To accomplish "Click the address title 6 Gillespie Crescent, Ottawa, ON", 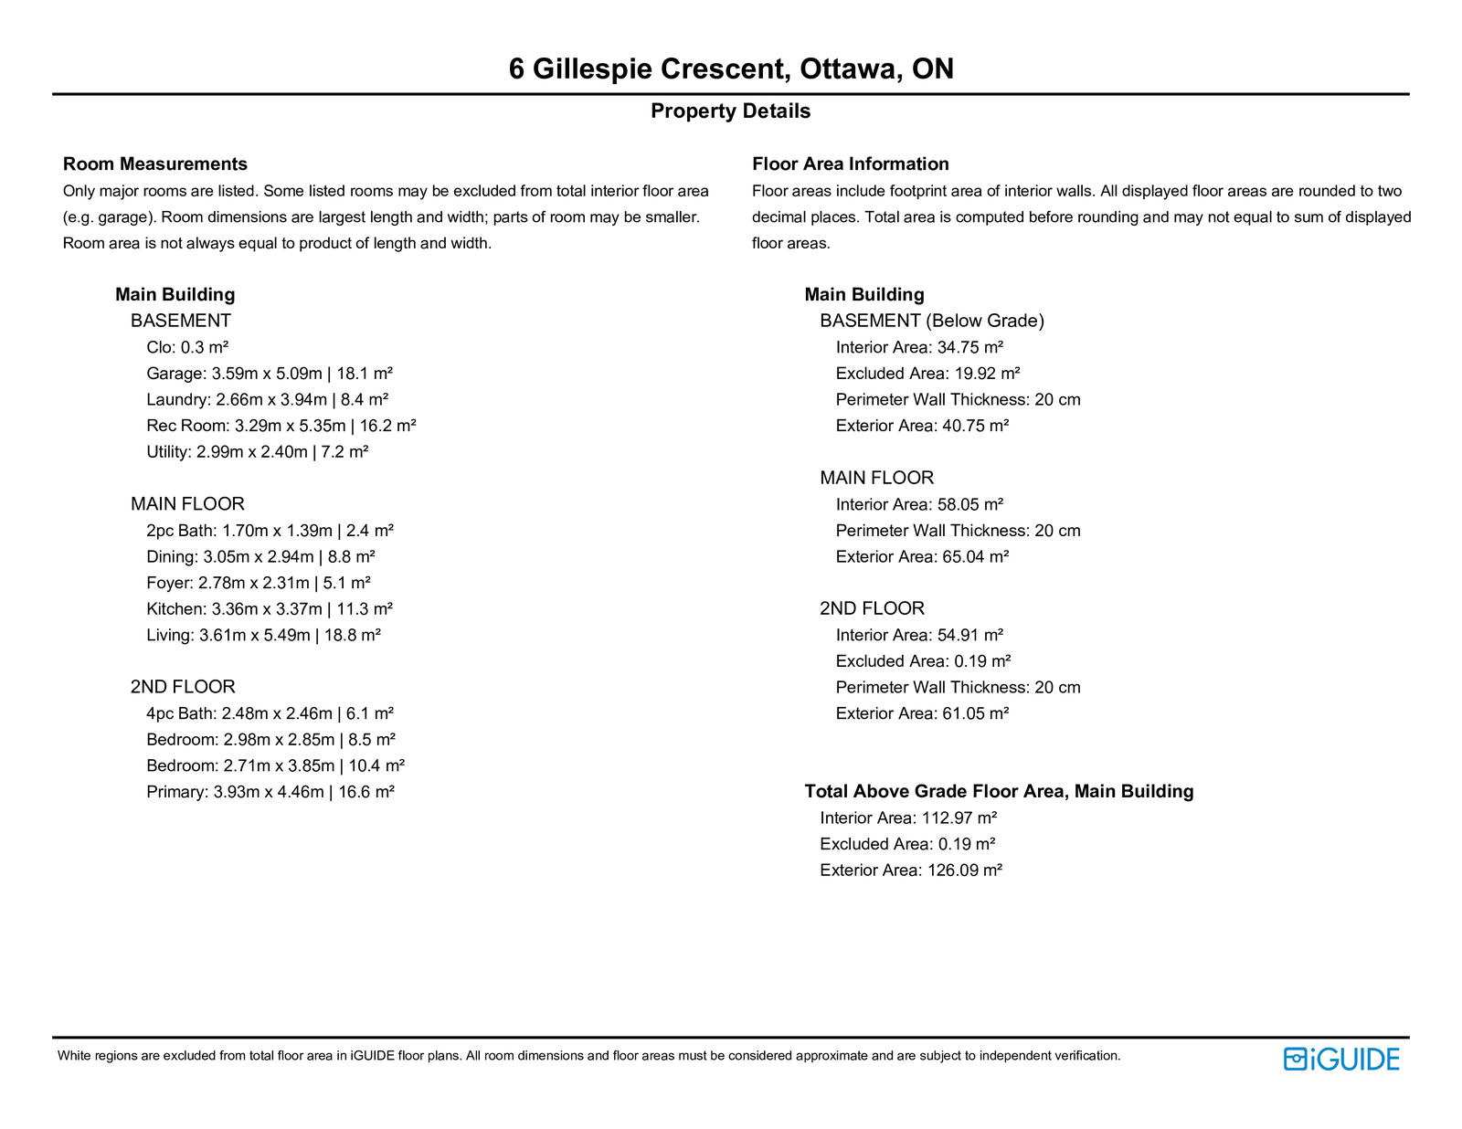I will [731, 69].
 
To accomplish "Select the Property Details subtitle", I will [730, 111].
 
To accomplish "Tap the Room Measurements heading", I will [155, 164].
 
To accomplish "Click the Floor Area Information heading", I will [850, 164].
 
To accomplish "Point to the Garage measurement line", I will [270, 374].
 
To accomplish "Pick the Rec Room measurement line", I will [281, 426].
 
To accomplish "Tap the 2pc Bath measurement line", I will [270, 531].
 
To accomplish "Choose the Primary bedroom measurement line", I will [270, 792].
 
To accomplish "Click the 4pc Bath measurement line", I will [270, 713].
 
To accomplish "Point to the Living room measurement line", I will [263, 635].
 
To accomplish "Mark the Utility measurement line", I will [257, 452].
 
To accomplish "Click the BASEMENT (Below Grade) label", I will [932, 321].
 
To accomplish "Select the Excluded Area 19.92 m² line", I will [927, 374].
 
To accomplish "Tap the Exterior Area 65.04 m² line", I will [922, 557].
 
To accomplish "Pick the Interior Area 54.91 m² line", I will [919, 635].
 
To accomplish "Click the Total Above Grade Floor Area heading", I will [999, 792].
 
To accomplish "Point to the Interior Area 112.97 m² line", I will [908, 818].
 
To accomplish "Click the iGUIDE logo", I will [1341, 1059].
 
